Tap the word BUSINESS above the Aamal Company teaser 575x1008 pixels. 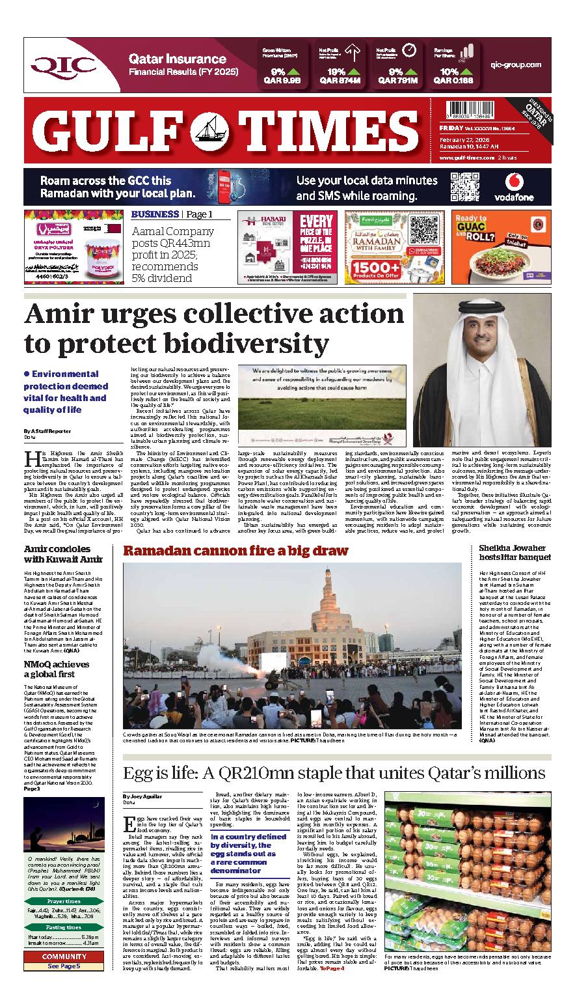155,214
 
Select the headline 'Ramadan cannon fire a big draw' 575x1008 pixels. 236,551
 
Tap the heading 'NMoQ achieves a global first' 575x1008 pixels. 57,669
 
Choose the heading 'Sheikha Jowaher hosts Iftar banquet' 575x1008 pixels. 515,552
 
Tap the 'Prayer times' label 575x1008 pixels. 64,901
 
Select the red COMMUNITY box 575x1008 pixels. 64,957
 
